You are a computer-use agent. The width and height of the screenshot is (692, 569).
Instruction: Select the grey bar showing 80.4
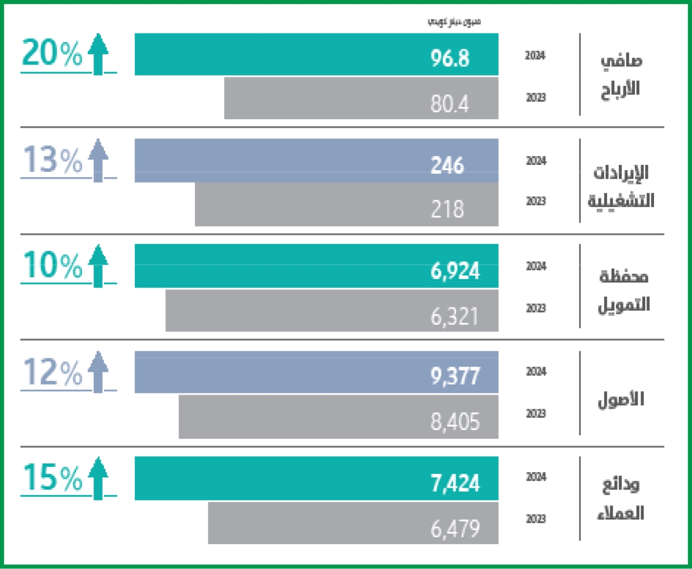pyautogui.click(x=361, y=99)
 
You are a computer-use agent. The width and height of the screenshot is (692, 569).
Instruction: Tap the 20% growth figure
pyautogui.click(x=52, y=55)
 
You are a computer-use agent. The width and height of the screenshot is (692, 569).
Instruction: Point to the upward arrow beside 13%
pyautogui.click(x=98, y=160)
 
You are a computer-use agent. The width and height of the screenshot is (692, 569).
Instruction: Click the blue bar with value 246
pyautogui.click(x=316, y=161)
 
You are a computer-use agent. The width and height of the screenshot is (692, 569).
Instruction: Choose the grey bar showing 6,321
pyautogui.click(x=332, y=311)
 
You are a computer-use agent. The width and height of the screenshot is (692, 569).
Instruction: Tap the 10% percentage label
pyautogui.click(x=52, y=266)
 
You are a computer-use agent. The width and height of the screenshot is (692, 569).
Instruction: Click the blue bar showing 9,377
pyautogui.click(x=316, y=372)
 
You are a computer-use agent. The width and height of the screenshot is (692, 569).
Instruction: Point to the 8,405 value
pyautogui.click(x=456, y=421)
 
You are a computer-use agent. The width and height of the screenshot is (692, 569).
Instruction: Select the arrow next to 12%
pyautogui.click(x=98, y=372)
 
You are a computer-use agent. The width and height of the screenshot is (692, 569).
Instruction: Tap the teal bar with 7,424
pyautogui.click(x=316, y=478)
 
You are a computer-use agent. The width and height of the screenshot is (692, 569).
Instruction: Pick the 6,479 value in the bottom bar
pyautogui.click(x=456, y=528)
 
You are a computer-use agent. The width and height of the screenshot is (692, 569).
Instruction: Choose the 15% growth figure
pyautogui.click(x=52, y=477)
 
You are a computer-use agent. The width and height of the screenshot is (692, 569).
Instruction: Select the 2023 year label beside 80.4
pyautogui.click(x=536, y=97)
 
